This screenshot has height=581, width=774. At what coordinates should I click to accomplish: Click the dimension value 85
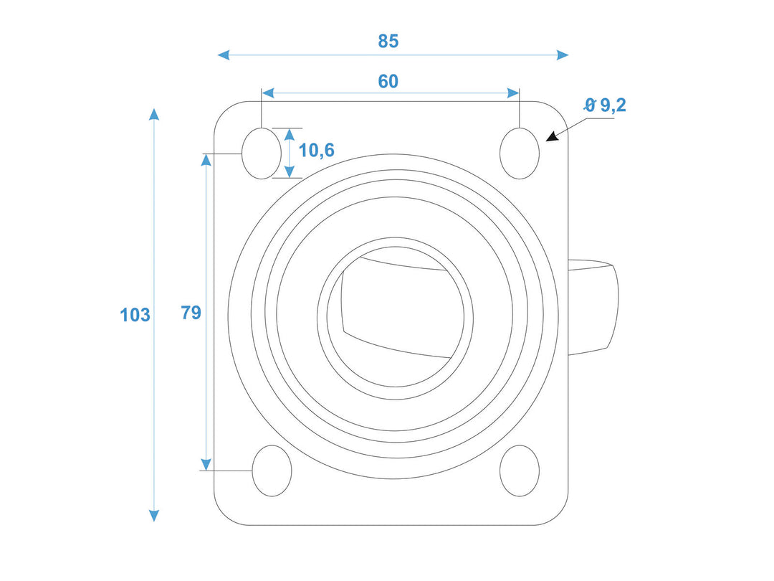click(388, 41)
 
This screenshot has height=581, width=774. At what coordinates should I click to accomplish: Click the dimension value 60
click(388, 82)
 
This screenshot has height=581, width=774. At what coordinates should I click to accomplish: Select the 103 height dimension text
click(135, 315)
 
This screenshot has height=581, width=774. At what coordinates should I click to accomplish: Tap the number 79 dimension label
click(191, 313)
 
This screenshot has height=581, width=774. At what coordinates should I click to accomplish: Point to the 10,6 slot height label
click(317, 150)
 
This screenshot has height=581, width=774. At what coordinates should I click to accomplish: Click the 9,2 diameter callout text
click(613, 105)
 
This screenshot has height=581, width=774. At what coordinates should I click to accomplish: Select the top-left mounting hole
click(262, 153)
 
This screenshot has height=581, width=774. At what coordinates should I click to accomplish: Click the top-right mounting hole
click(520, 153)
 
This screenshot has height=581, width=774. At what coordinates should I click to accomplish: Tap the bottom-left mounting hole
click(272, 471)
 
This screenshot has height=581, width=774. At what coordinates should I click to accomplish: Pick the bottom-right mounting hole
click(520, 471)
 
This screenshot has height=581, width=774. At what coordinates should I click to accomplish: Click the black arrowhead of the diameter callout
click(552, 136)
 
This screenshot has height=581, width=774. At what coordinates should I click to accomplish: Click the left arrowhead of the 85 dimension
click(224, 55)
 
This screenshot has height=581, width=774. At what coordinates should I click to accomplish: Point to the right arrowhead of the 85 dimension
click(563, 55)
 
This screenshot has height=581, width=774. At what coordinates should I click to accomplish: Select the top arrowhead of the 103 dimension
click(154, 114)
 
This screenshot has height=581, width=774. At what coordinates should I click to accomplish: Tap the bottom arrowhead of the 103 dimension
click(154, 516)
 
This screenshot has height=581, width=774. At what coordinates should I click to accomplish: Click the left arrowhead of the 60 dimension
click(268, 93)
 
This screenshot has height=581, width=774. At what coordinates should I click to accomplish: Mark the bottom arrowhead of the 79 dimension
click(206, 464)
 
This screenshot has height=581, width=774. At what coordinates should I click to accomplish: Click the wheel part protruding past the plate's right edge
click(593, 307)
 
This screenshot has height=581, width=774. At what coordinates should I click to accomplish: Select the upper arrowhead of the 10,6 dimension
click(290, 134)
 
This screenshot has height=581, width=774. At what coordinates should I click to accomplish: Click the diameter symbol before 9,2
click(590, 105)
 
